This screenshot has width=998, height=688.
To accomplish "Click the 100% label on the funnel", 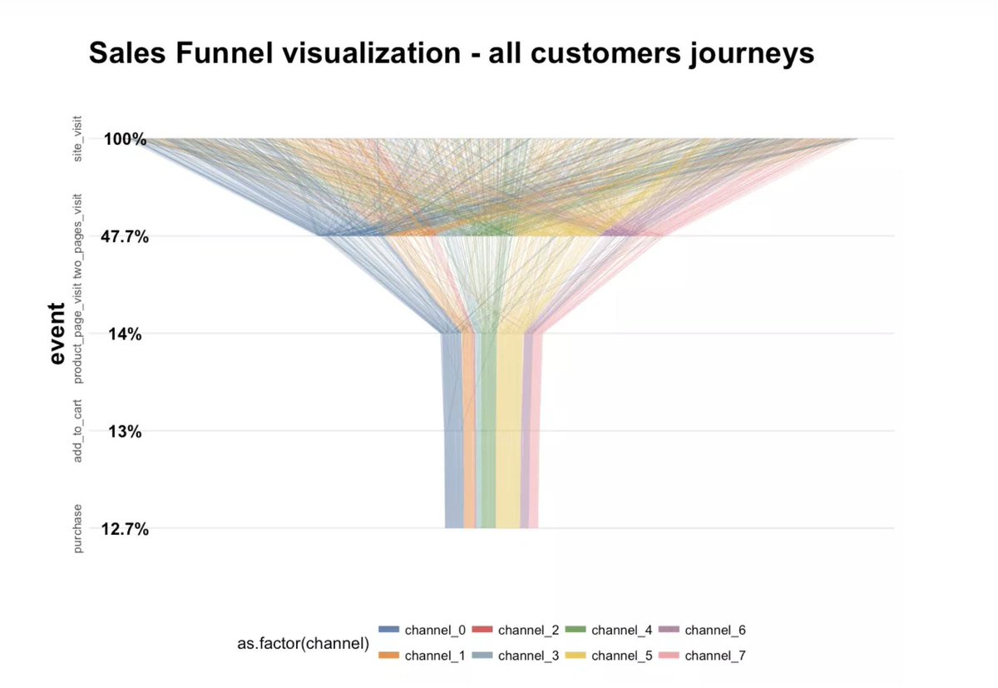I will pos(126,139).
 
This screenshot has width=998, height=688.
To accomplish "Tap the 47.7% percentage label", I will pos(126,237).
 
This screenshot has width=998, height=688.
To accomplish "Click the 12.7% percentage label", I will pos(126,528).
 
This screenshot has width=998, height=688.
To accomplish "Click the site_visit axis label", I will pos(78,140).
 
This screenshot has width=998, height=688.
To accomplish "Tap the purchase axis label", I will pos(78,528).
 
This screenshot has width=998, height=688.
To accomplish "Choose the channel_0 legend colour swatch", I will pos(389,630).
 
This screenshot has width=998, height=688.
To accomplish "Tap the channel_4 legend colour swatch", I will pos(576,630).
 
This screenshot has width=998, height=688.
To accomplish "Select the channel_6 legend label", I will pos(715,630).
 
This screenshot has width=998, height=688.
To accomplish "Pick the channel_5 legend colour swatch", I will pos(576,656).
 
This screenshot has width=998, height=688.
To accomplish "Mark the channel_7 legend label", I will pos(715,656).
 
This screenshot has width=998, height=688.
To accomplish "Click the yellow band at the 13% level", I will pos(508,431).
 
